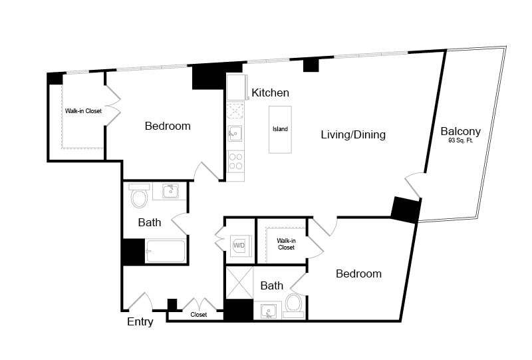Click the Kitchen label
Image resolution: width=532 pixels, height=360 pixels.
point(270,92)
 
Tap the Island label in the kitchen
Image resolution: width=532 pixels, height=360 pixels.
point(280,129)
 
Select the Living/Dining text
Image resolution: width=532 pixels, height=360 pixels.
point(353,135)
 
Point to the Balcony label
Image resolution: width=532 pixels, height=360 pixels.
point(460,131)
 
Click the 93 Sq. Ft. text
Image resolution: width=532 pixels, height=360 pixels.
point(460,140)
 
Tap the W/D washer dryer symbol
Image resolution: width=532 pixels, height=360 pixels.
point(239,245)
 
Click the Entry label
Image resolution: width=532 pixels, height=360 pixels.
point(140,321)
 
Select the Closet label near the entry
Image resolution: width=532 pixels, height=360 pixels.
point(198,315)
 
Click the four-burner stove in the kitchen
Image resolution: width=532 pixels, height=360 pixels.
point(235,162)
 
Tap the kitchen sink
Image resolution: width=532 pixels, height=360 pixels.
point(235,134)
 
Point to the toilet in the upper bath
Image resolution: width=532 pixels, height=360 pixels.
point(139,196)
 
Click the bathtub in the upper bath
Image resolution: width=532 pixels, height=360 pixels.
point(166,251)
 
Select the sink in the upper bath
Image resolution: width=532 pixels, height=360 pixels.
point(170,191)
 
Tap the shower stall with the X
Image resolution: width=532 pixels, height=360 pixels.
point(239,283)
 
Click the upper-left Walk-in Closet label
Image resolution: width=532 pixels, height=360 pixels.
point(84,111)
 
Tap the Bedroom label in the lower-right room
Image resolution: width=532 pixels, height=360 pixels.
point(358,273)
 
